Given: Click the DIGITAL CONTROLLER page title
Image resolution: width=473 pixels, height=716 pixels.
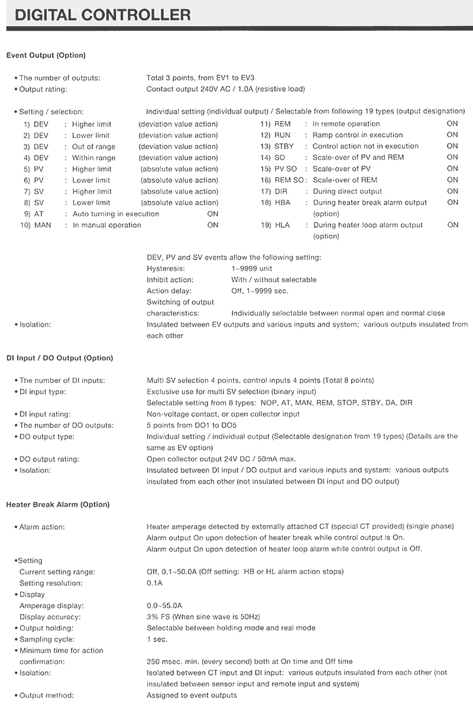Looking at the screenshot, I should [103, 14].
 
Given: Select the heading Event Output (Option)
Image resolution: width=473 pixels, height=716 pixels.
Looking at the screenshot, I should [46, 56].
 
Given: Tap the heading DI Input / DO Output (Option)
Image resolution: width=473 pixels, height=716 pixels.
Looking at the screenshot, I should [59, 358].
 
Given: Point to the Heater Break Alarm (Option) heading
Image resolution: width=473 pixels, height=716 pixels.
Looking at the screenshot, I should [58, 504].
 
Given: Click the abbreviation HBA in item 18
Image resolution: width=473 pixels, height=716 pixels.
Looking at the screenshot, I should [283, 203].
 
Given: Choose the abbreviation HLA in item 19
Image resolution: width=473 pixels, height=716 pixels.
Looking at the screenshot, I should [282, 225].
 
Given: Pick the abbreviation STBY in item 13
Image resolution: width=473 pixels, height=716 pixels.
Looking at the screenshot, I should [284, 146].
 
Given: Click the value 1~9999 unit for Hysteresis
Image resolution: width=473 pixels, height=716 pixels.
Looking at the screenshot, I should [252, 268].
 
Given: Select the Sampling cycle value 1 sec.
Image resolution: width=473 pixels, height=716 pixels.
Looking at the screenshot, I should [157, 639].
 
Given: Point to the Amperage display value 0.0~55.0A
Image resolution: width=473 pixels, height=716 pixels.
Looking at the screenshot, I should [164, 605].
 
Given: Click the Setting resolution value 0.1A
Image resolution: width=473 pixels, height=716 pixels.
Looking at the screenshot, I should [154, 583].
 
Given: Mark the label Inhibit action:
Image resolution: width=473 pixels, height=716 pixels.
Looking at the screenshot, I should [170, 280].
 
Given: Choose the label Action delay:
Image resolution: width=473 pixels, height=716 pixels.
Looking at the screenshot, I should [169, 291].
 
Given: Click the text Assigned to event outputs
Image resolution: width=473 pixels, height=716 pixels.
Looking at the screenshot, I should [192, 695].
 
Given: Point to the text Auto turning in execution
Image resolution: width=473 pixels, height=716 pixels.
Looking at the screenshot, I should [116, 214].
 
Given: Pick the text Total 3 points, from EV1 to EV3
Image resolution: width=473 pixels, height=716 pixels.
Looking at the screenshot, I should [200, 78].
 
